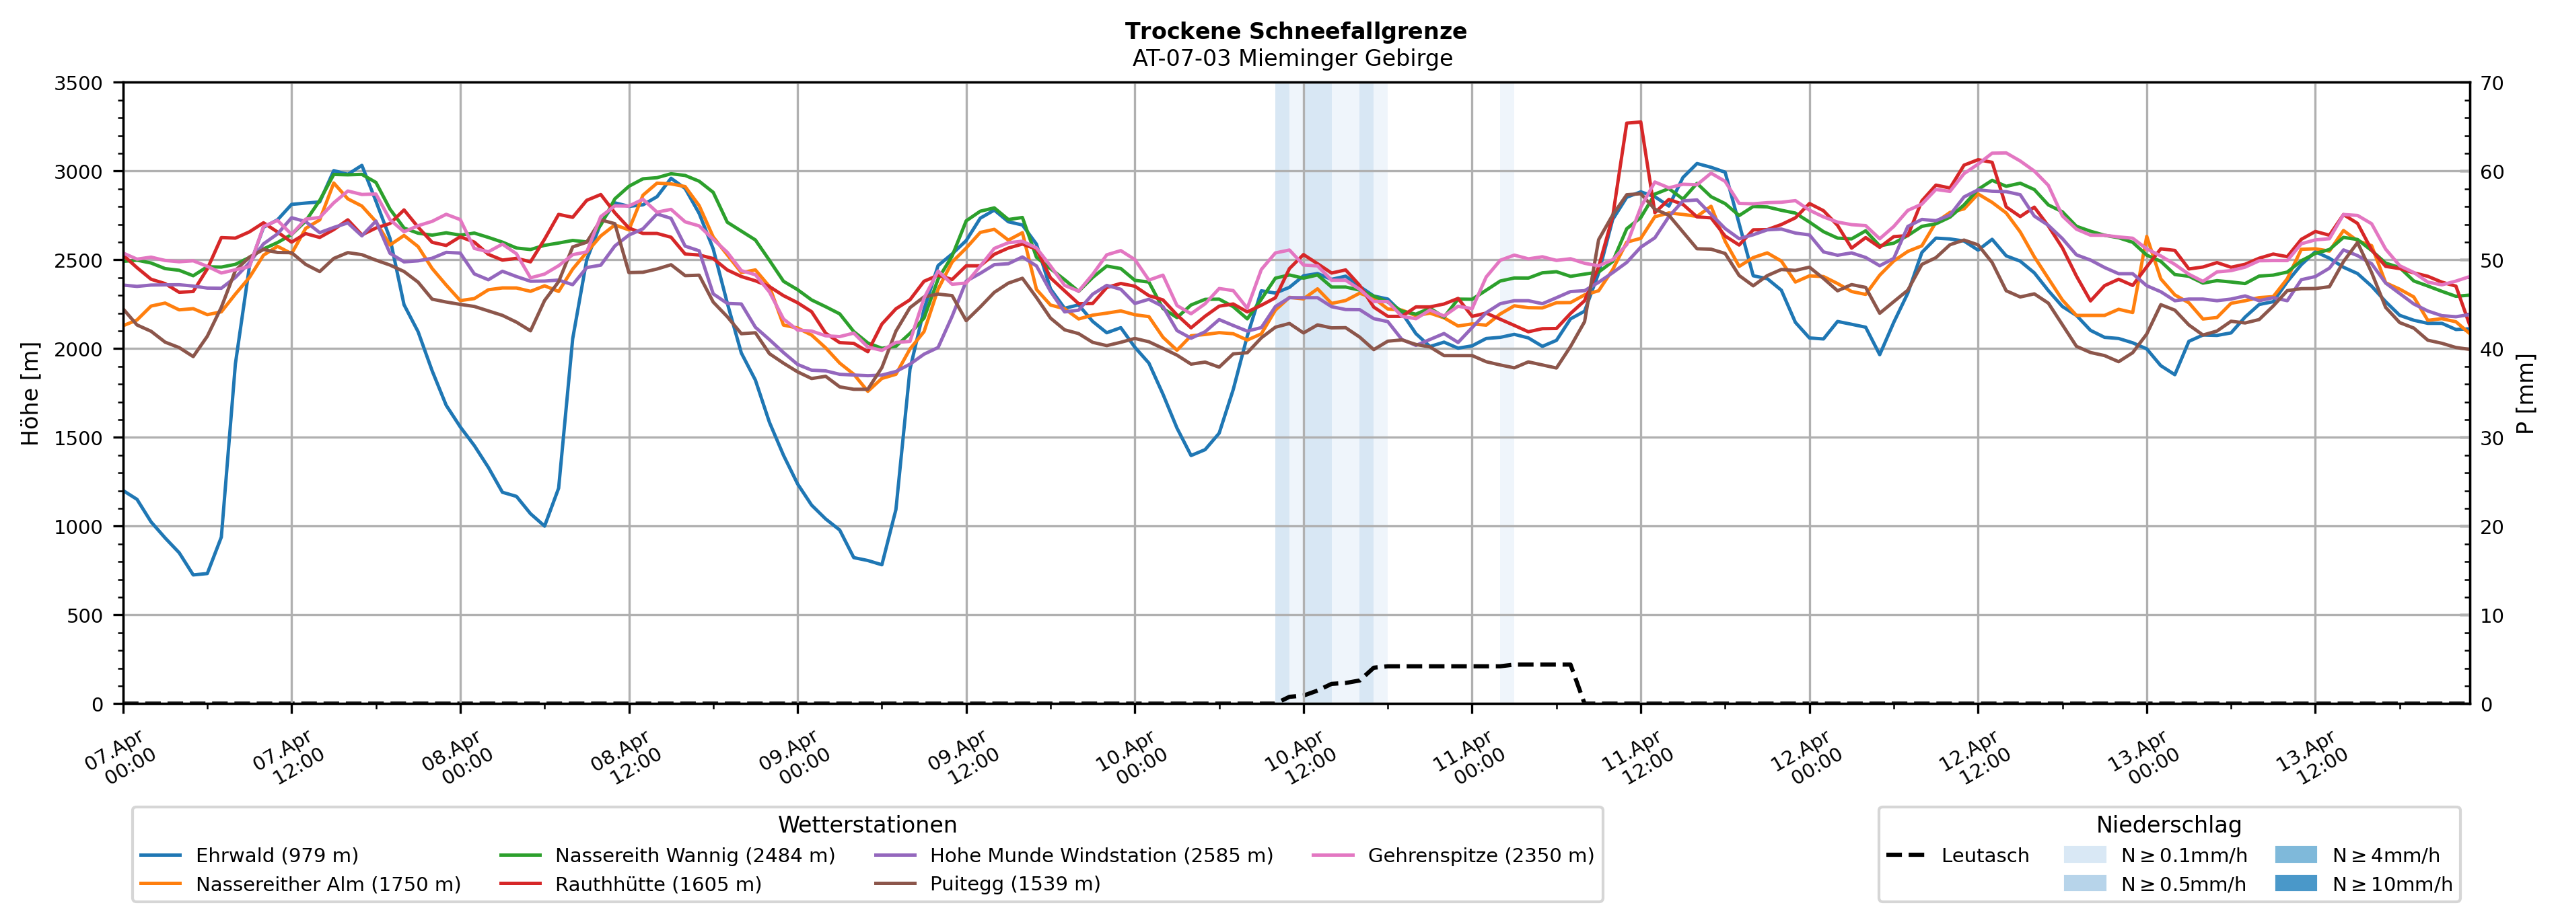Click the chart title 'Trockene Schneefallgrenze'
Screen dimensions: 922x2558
coord(1295,31)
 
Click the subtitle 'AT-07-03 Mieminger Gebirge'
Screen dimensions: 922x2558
coord(1292,59)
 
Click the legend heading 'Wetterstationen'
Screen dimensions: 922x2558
coord(867,824)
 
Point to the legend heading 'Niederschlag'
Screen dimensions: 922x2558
coord(2168,824)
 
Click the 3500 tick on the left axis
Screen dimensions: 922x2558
coord(79,83)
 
